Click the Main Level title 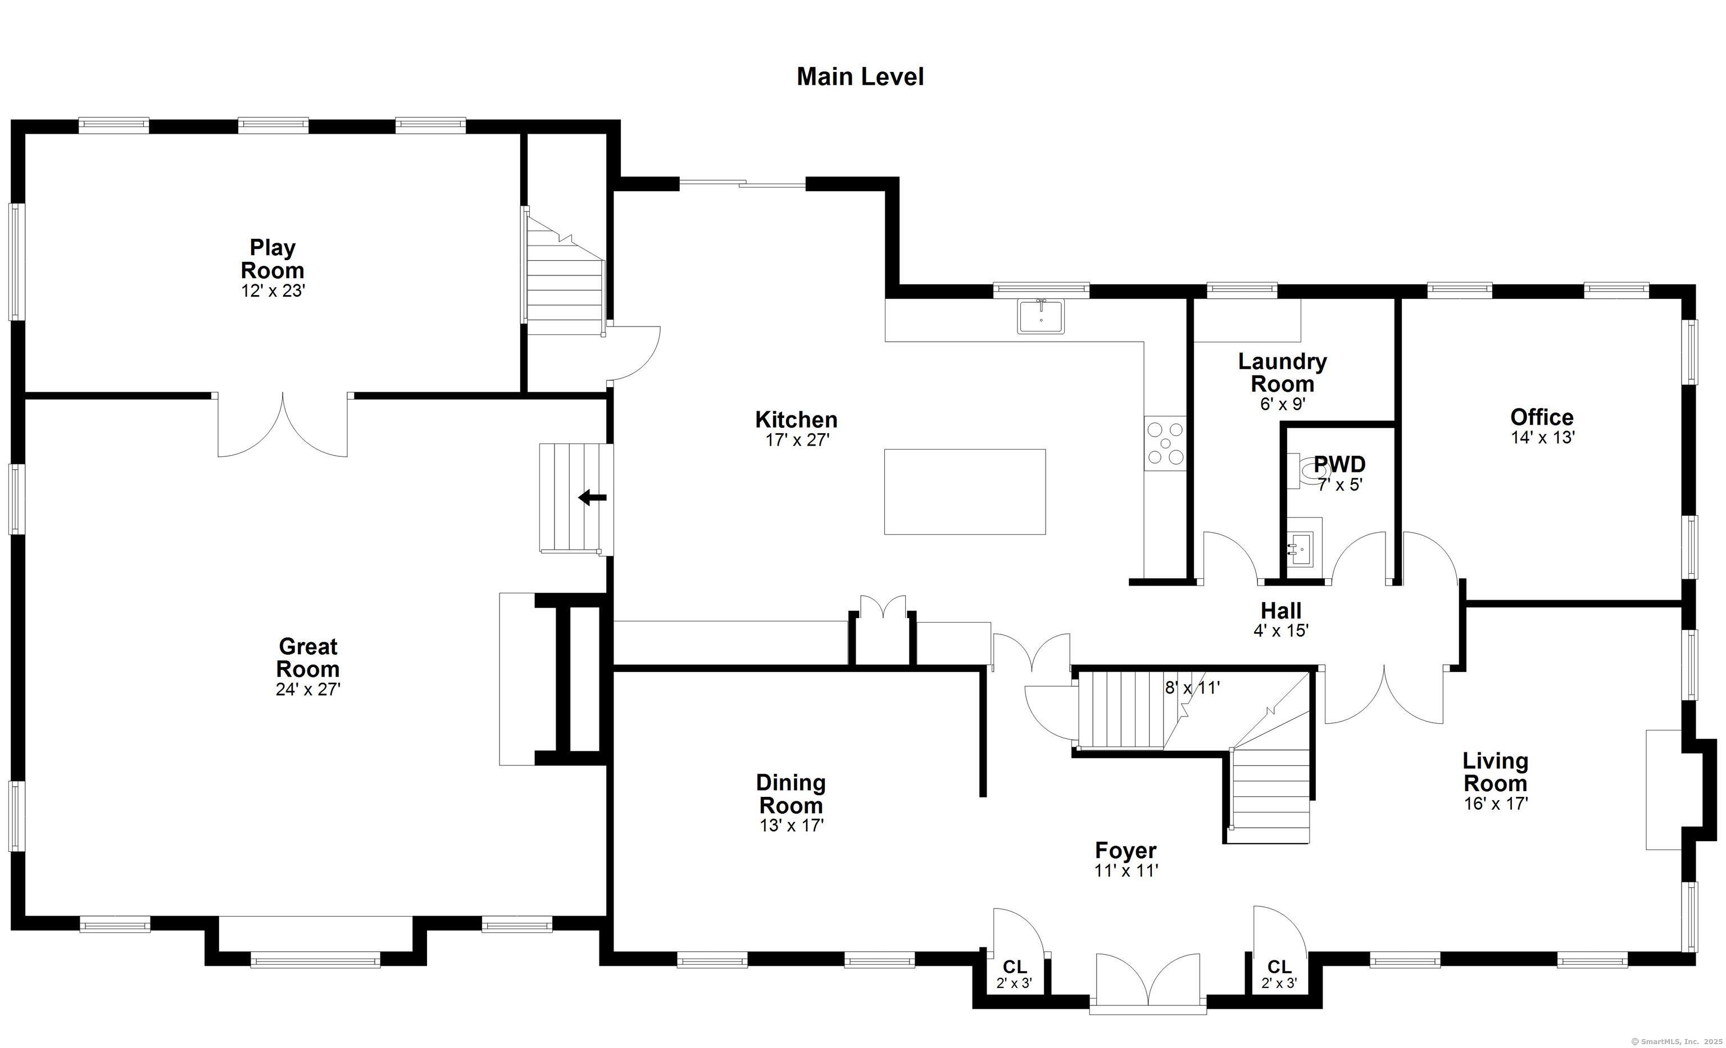click(x=860, y=76)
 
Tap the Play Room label click(x=272, y=258)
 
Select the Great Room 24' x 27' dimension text click(x=308, y=689)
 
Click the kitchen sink click(x=1041, y=316)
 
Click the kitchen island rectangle click(x=965, y=492)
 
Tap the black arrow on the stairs click(x=593, y=498)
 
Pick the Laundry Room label click(x=1282, y=373)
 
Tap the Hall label click(x=1281, y=610)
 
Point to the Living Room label click(x=1496, y=772)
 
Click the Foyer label click(x=1126, y=850)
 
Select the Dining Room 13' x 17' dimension click(x=792, y=826)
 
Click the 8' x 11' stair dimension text click(x=1192, y=688)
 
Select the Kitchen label click(x=797, y=420)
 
